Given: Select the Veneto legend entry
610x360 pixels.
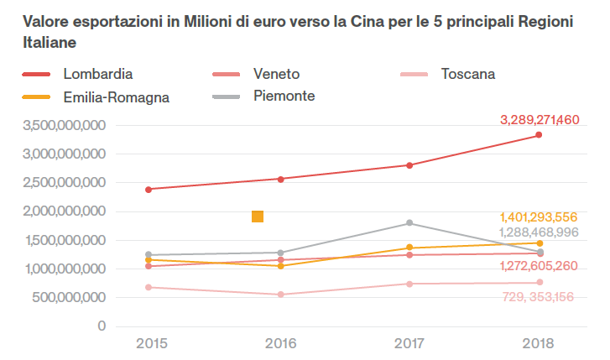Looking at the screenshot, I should click(276, 74).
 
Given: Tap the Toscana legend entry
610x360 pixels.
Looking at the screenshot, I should click(467, 74).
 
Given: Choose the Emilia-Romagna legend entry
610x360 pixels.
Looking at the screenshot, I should click(116, 97).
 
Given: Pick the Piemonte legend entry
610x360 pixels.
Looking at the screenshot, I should click(284, 97).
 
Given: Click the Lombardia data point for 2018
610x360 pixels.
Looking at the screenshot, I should click(539, 135).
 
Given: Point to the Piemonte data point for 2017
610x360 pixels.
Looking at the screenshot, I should click(409, 222).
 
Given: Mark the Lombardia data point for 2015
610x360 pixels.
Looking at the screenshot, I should click(149, 189).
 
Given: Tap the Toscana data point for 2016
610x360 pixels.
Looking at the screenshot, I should click(279, 295).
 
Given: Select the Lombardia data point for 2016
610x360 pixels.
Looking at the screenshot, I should click(279, 179).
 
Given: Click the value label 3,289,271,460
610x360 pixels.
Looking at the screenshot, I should click(540, 120).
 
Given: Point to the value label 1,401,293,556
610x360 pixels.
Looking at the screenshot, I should click(538, 217).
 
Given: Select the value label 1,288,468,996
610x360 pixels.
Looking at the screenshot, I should click(538, 232).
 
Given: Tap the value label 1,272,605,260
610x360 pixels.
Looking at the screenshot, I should click(538, 266).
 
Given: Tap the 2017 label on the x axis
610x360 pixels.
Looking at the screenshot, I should click(409, 344).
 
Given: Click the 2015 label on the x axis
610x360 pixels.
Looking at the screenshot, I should click(149, 344).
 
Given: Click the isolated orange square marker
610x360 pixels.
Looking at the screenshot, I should click(258, 217).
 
